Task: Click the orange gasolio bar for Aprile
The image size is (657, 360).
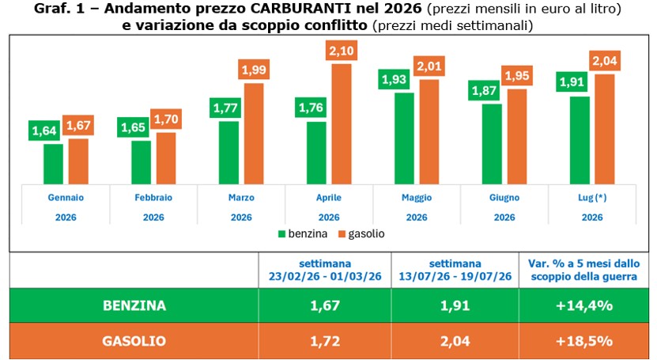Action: click(x=342, y=124)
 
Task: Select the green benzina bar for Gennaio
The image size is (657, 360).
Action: click(x=53, y=165)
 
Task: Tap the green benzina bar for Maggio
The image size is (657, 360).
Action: click(x=404, y=138)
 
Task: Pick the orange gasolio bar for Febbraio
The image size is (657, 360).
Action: click(x=166, y=158)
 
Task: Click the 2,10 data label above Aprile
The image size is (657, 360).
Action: click(x=342, y=51)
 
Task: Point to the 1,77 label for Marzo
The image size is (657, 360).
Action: click(x=225, y=108)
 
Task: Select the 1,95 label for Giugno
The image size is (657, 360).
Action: click(x=517, y=76)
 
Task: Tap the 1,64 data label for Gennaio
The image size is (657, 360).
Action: click(x=44, y=131)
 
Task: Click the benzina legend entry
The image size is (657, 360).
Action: click(x=303, y=234)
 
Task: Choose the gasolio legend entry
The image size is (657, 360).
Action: click(x=361, y=234)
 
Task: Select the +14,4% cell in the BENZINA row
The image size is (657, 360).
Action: click(x=584, y=305)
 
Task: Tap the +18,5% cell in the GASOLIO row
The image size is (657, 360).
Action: click(x=584, y=341)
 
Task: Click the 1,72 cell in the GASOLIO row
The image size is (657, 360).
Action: click(x=325, y=341)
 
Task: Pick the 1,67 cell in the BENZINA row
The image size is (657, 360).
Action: click(x=325, y=305)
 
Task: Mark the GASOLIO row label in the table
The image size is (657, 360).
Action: click(x=134, y=341)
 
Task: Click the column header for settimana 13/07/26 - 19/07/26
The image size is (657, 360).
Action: click(x=455, y=270)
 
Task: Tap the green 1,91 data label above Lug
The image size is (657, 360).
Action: click(x=572, y=81)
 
